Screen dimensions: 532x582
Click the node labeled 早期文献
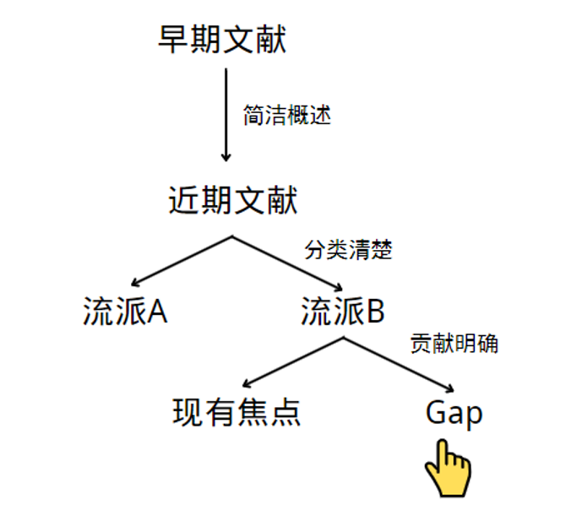[x=222, y=40]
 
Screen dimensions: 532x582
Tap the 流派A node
[x=125, y=312]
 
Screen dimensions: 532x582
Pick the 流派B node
[x=343, y=312]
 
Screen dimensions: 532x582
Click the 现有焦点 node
[x=237, y=413]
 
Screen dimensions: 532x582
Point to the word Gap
[x=454, y=413]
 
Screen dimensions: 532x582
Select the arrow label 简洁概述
[x=286, y=117]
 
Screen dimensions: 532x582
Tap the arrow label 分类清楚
[x=348, y=251]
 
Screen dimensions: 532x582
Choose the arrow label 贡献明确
[x=454, y=344]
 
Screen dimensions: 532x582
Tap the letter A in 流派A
[x=156, y=312]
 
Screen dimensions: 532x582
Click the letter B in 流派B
[x=375, y=312]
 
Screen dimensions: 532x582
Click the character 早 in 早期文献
[x=173, y=40]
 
